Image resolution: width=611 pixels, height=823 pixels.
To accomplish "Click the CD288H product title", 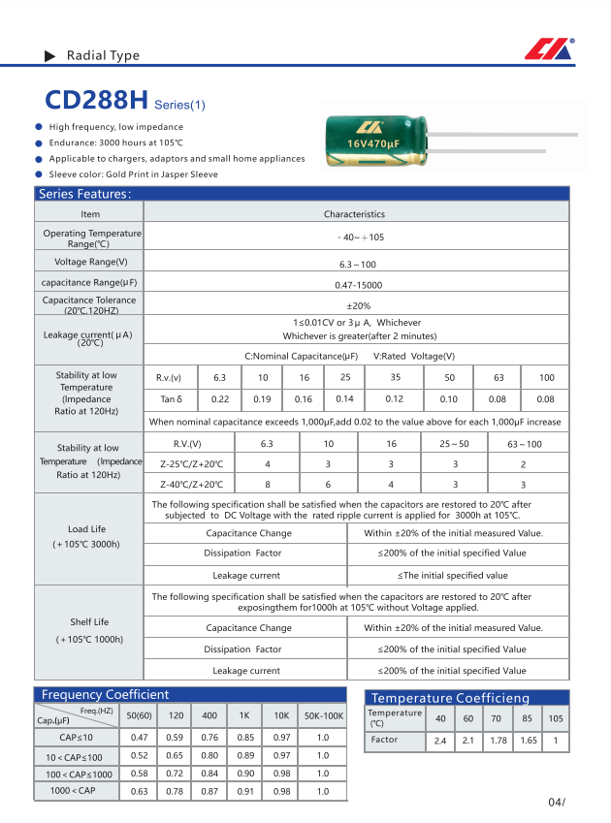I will coord(97,101).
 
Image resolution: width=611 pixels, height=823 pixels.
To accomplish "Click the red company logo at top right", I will coord(550,48).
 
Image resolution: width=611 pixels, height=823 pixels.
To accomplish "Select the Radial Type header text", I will coord(103,56).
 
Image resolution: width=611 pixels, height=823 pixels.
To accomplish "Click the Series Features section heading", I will coord(84,194).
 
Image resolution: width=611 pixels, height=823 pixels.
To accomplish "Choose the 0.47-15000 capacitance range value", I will coord(359,285).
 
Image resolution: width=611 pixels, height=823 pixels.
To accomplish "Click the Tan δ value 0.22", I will coord(220,399).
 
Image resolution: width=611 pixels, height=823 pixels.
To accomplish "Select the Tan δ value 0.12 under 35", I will coord(395,399).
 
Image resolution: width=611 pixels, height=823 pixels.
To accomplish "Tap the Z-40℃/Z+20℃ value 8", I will coord(267,484).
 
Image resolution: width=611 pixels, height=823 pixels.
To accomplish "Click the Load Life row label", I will coord(86,529).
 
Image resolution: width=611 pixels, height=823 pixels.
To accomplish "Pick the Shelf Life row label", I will coord(89,622).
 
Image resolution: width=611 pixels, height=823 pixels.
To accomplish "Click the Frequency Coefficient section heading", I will coord(105,694).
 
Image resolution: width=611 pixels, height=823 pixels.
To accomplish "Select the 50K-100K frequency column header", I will coord(323,715).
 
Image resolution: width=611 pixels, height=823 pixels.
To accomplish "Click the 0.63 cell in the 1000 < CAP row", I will coord(139,791).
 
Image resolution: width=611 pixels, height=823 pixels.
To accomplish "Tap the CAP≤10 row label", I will coord(76,738).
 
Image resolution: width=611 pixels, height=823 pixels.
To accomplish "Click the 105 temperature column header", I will coord(556,718).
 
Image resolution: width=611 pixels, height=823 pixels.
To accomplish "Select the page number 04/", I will coord(556,803).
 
